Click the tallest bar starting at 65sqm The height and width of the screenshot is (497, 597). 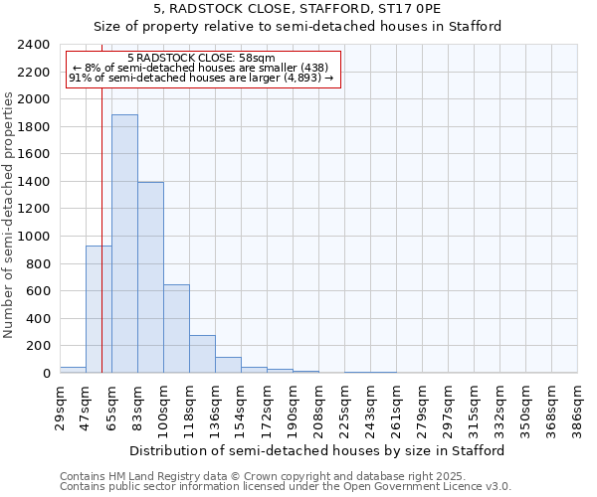click(124, 244)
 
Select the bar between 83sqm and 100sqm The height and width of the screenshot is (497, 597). click(150, 277)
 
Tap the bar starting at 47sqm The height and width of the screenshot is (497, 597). click(99, 309)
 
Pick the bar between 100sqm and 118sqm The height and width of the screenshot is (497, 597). click(176, 328)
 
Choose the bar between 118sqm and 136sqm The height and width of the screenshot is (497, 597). click(202, 354)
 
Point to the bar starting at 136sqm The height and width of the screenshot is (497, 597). click(228, 365)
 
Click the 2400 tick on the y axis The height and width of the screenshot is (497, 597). click(34, 45)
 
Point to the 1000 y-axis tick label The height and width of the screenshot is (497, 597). click(34, 237)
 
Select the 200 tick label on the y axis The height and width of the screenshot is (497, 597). click(38, 346)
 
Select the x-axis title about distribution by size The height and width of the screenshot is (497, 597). click(318, 450)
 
